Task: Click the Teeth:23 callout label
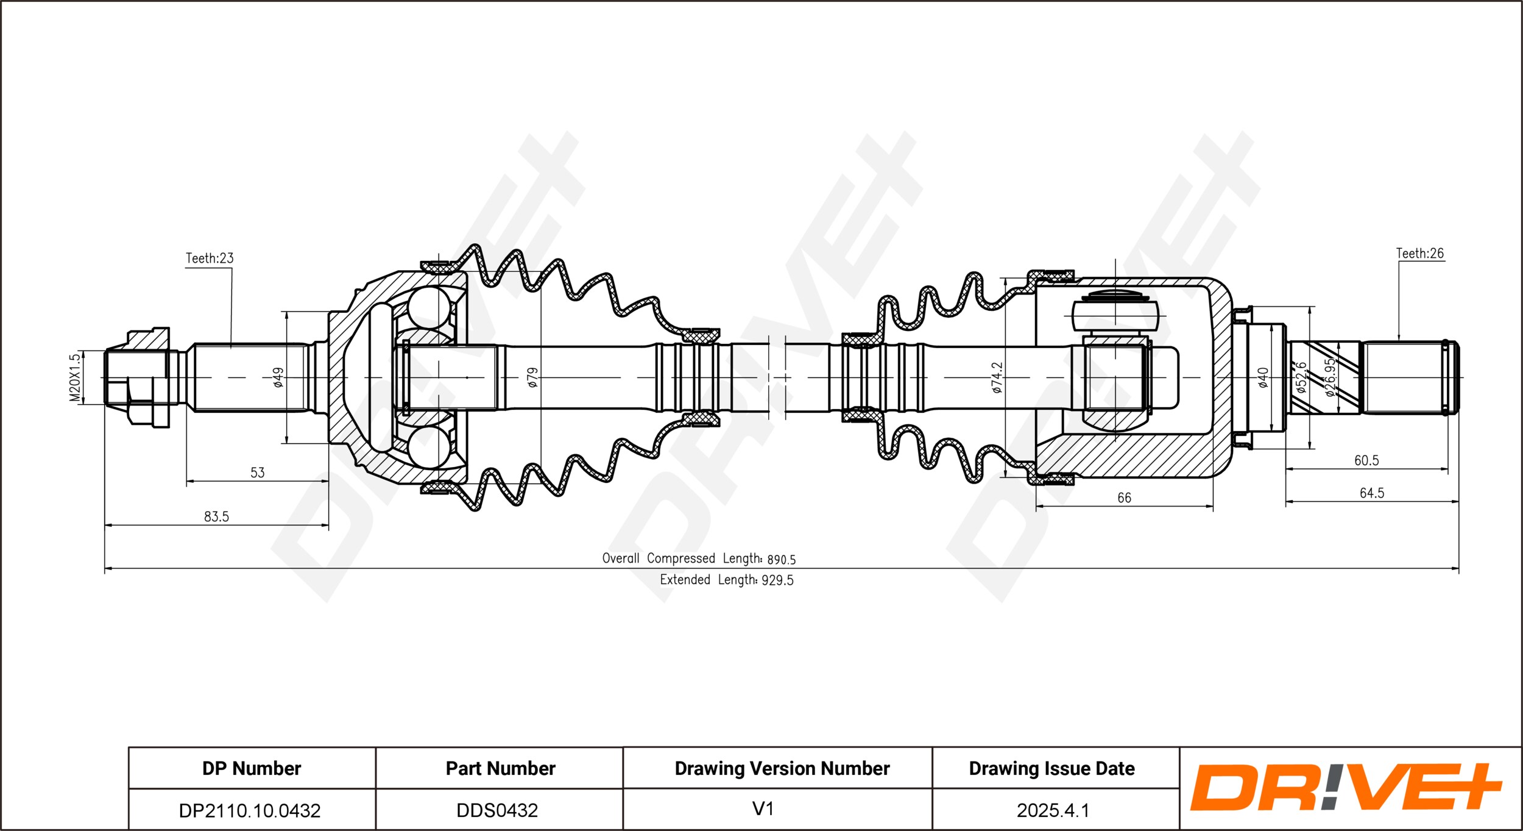210,259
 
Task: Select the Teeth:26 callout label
1419,254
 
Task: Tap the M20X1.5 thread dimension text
74,378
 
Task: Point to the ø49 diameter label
278,377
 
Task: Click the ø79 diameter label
532,377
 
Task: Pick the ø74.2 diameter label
997,377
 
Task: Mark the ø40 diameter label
1263,377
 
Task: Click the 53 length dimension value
258,473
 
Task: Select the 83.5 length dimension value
216,517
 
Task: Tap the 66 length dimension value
1124,498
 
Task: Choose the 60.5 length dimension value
1366,461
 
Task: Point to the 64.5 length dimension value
1372,493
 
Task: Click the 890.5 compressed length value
781,560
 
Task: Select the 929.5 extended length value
777,580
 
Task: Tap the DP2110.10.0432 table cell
250,810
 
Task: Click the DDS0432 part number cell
497,810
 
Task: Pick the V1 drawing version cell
763,809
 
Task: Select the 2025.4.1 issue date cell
1053,810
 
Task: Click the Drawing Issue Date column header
1051,768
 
